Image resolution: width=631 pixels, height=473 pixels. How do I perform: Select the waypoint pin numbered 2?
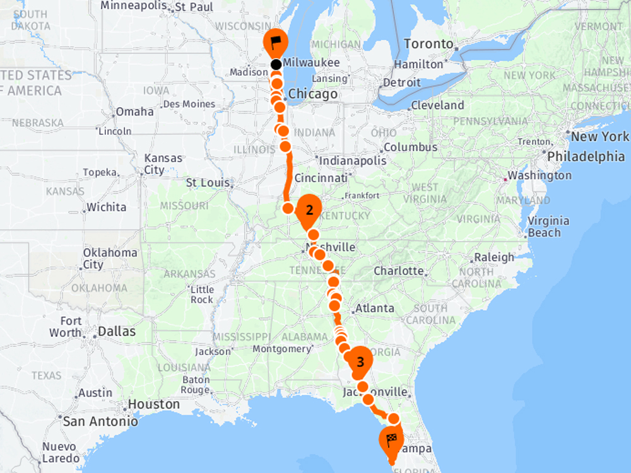click(309, 211)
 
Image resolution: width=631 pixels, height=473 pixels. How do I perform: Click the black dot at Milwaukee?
click(276, 64)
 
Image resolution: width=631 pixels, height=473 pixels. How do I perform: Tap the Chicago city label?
click(313, 95)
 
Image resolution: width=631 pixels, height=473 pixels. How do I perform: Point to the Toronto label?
click(428, 44)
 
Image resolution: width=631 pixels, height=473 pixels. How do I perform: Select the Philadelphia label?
click(586, 156)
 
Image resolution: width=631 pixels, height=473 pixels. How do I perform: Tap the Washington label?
click(540, 175)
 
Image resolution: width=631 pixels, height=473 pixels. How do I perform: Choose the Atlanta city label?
click(375, 309)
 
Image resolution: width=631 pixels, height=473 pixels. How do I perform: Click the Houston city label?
click(154, 404)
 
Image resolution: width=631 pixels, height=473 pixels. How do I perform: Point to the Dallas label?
click(117, 331)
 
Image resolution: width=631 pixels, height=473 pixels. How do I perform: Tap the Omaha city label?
click(134, 112)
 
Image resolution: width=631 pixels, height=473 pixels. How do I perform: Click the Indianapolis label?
click(353, 161)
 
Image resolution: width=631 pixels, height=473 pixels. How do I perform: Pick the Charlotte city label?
click(399, 271)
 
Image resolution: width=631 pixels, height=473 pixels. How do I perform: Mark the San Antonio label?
click(100, 421)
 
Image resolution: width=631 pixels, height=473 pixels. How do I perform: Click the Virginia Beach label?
click(548, 227)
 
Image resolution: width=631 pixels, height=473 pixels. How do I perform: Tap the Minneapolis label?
click(134, 6)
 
